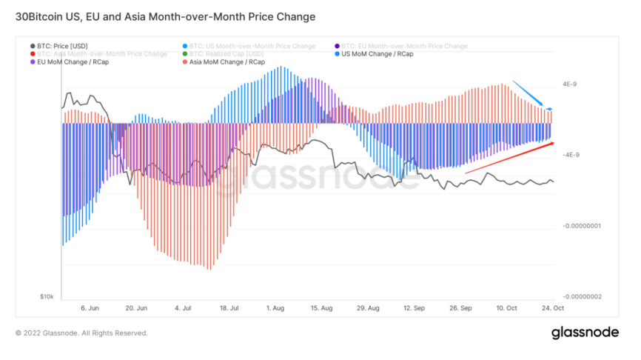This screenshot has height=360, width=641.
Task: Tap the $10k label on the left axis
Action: [x=47, y=296]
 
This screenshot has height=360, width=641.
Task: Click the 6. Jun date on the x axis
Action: [x=90, y=307]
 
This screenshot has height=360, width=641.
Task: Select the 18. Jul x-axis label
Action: [x=229, y=307]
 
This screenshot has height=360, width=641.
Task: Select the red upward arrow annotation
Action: [x=510, y=157]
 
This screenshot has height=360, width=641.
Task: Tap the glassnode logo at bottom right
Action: [x=585, y=333]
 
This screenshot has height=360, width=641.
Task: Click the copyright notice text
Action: [x=81, y=333]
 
